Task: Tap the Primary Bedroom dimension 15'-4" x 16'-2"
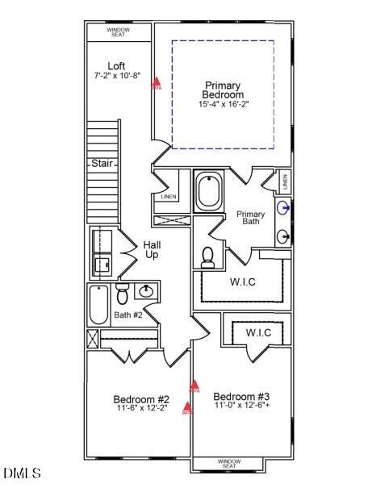pos(224,104)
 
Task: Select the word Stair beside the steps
pos(101,163)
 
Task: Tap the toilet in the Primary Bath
pos(207,257)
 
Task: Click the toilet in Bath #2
pos(122,291)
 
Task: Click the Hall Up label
pos(152,249)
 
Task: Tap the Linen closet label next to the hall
pos(169,197)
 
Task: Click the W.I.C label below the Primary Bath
pos(243,282)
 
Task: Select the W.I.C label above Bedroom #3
pos(258,332)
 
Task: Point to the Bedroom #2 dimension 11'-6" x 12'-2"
pos(140,408)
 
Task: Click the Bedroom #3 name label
pos(241,396)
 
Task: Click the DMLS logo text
pos(22,473)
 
